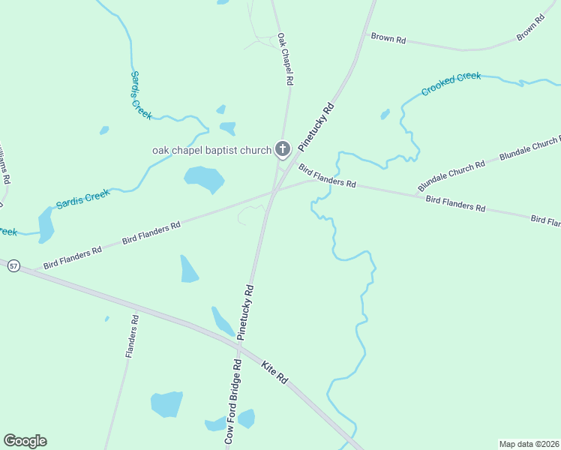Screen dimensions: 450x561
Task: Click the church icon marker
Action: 283,149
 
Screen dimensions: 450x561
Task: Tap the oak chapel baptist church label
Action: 211,151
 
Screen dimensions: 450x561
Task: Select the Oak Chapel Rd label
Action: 284,58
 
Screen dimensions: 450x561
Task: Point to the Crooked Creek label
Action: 451,83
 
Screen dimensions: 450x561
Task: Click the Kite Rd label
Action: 275,373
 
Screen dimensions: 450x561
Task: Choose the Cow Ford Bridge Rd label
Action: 233,404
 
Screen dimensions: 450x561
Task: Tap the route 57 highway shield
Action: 13,266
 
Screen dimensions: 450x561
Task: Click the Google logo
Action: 25,441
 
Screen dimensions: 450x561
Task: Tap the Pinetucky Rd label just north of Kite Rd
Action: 246,313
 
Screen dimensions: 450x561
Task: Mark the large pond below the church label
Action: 204,178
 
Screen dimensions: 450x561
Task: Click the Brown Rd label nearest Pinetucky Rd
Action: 388,37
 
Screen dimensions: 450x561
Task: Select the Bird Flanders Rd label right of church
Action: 327,176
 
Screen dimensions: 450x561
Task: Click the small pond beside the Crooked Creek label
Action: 385,115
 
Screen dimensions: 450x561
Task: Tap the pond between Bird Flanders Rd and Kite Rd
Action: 189,269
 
